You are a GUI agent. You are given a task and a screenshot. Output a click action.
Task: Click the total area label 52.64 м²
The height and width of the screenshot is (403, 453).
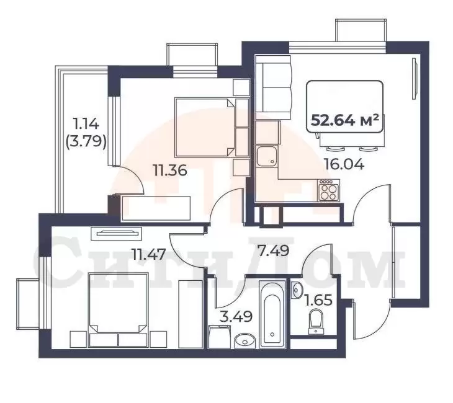pyautogui.click(x=344, y=120)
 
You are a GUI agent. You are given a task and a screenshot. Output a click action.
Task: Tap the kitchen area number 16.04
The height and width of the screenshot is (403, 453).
pyautogui.click(x=344, y=164)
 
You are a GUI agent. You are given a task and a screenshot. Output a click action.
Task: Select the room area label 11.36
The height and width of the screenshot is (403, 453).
pyautogui.click(x=170, y=170)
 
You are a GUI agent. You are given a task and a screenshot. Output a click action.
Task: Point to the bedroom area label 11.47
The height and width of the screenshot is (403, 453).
pyautogui.click(x=149, y=255)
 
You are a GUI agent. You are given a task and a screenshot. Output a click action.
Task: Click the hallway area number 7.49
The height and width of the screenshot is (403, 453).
pyautogui.click(x=273, y=250)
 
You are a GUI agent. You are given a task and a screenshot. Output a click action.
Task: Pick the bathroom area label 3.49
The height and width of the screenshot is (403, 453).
pyautogui.click(x=236, y=316)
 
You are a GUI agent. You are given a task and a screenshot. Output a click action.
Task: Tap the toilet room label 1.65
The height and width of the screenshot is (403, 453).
pyautogui.click(x=319, y=300)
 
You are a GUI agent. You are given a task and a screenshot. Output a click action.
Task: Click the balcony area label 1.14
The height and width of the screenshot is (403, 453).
pyautogui.click(x=87, y=125)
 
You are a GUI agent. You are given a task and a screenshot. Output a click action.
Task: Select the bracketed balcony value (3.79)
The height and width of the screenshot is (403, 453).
pyautogui.click(x=86, y=141)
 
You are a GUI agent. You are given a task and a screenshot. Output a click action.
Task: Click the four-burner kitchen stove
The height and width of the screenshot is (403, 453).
pyautogui.click(x=329, y=190)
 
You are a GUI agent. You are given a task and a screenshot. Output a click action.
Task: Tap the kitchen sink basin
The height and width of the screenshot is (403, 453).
pyautogui.click(x=266, y=156)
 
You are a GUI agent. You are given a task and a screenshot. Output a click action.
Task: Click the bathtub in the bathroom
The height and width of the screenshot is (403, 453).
pyautogui.click(x=272, y=314)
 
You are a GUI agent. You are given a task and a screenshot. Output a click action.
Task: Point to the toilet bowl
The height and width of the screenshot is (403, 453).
pyautogui.click(x=315, y=322)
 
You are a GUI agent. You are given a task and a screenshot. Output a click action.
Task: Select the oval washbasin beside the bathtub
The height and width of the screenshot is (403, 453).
pyautogui.click(x=244, y=341)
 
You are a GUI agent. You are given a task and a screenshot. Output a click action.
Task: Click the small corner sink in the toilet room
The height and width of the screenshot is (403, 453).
pyautogui.click(x=297, y=290)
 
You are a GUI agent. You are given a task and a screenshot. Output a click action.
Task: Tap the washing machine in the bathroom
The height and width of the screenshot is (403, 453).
pyautogui.click(x=219, y=337)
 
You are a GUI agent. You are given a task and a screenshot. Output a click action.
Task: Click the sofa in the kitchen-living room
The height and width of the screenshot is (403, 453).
pyautogui.click(x=273, y=88)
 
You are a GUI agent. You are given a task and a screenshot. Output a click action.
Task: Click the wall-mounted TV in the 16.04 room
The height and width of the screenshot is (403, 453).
pyautogui.click(x=415, y=79)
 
